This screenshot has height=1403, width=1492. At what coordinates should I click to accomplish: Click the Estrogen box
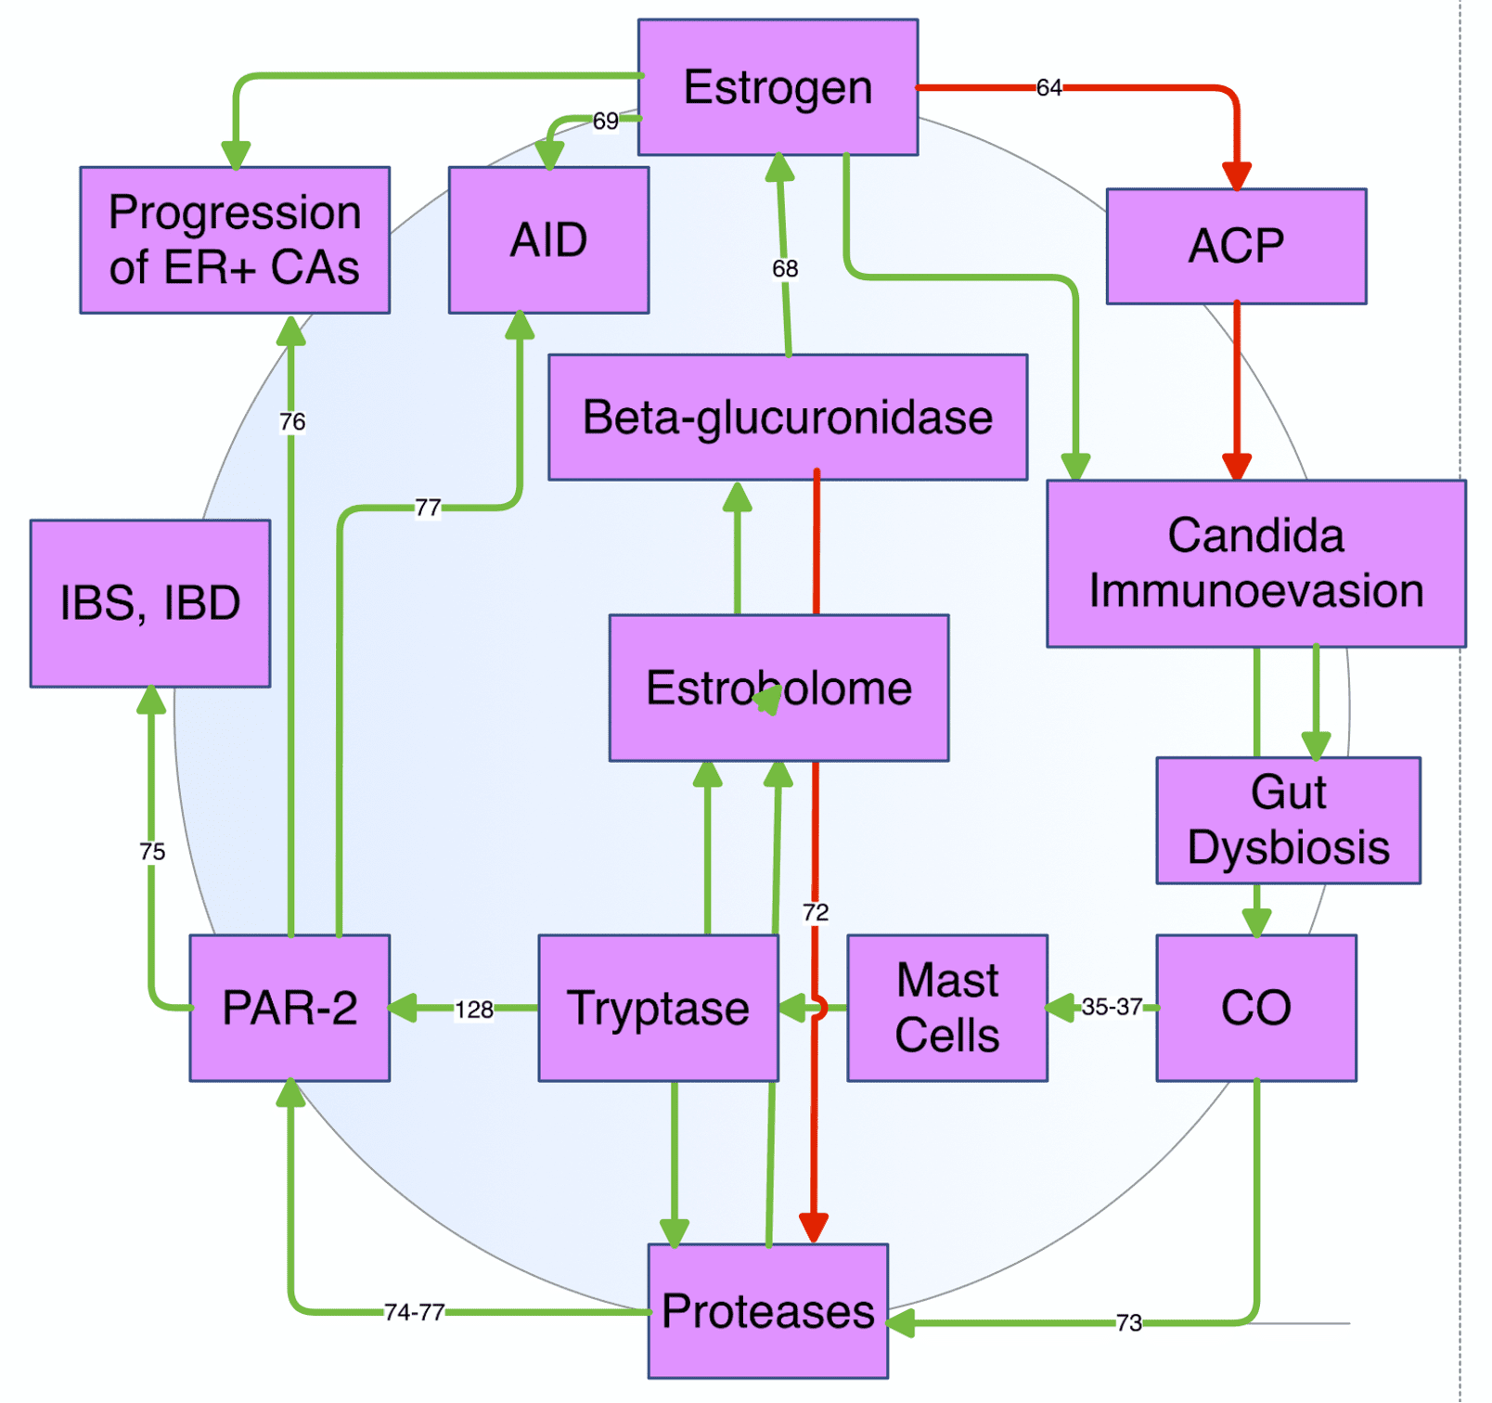[x=778, y=87]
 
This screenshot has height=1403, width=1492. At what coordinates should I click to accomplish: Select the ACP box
[x=1236, y=246]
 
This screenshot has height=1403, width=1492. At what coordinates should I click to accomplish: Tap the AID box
[x=548, y=240]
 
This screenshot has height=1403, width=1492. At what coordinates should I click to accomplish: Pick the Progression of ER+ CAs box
[x=235, y=240]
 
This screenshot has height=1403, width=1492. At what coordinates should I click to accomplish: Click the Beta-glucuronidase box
[x=788, y=417]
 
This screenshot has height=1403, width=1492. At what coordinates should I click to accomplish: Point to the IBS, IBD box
[x=150, y=603]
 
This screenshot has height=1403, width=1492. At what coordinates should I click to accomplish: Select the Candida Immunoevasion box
[x=1256, y=563]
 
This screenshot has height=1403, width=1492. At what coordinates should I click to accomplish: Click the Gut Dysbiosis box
[x=1288, y=820]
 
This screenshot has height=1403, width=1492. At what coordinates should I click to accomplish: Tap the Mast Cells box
[x=947, y=1008]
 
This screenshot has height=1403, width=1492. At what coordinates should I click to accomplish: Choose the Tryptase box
[x=658, y=1008]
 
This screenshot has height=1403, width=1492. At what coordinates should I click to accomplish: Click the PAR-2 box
[x=289, y=1008]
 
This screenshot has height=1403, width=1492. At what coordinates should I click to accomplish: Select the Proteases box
[x=768, y=1311]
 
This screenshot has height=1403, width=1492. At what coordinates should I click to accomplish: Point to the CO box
[x=1256, y=1008]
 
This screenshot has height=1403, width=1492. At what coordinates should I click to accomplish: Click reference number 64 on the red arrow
[x=1048, y=87]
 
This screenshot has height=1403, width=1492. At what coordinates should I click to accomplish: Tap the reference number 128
[x=473, y=1010]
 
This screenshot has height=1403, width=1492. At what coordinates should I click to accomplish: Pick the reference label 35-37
[x=1112, y=1007]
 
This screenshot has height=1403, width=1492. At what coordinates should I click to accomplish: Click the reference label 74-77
[x=415, y=1312]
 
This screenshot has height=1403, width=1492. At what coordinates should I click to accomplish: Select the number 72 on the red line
[x=816, y=912]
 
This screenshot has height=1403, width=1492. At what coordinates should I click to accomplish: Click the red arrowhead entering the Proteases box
[x=814, y=1228]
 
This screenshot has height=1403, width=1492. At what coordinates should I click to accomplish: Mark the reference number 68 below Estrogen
[x=785, y=268]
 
